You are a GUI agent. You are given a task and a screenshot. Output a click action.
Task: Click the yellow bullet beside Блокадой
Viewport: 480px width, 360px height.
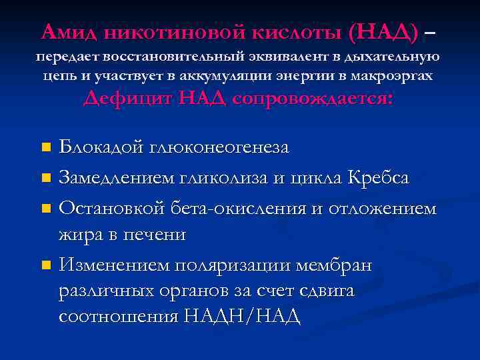(45, 147)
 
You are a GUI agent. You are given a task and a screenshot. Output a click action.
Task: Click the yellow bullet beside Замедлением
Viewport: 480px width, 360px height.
(45, 179)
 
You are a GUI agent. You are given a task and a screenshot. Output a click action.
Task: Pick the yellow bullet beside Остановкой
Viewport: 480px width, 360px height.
(45, 209)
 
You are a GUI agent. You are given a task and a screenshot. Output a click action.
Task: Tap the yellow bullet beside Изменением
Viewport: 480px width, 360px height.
(45, 266)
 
